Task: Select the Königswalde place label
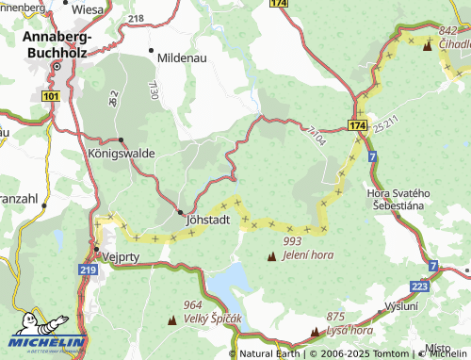pos(121,152)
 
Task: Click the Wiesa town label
pos(88,9)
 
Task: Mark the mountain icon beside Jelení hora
pos(272,256)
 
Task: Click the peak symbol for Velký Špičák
pos(171,320)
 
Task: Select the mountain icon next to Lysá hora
pos(315,332)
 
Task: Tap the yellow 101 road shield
pos(50,96)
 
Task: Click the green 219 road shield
pos(89,270)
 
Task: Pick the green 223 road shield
pos(421,286)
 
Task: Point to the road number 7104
pos(316,134)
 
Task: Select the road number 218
pos(136,18)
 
